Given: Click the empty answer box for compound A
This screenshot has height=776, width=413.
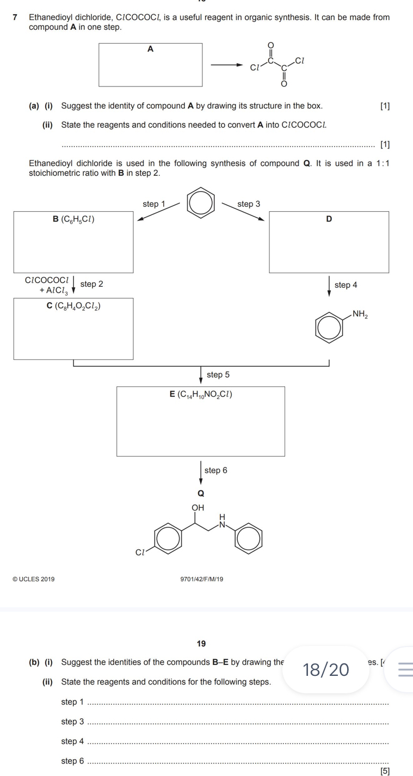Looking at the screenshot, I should pyautogui.click(x=150, y=65).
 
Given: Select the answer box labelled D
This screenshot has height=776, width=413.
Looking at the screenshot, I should pyautogui.click(x=329, y=242).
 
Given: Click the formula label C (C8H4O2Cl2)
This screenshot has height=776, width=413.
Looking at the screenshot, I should pyautogui.click(x=73, y=306).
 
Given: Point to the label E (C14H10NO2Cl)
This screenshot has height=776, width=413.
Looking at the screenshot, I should pyautogui.click(x=201, y=395).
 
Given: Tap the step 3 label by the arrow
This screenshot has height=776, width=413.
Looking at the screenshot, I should pyautogui.click(x=249, y=204).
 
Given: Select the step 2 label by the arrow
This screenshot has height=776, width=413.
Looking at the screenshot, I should pyautogui.click(x=91, y=284).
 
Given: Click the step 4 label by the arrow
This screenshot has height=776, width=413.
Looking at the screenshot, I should pyautogui.click(x=346, y=285).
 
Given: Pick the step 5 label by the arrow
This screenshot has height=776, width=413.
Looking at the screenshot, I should pyautogui.click(x=218, y=374).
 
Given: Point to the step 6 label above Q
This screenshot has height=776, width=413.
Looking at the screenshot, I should pyautogui.click(x=215, y=470).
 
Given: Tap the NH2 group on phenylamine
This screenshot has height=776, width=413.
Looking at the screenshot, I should pyautogui.click(x=360, y=313).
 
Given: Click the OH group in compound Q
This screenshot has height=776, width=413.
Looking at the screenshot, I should pyautogui.click(x=198, y=507).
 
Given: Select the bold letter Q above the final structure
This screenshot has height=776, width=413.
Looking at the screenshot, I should pyautogui.click(x=201, y=494).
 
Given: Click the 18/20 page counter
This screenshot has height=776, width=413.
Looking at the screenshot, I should pyautogui.click(x=326, y=669).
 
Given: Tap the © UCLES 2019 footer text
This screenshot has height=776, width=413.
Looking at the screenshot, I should pyautogui.click(x=33, y=579).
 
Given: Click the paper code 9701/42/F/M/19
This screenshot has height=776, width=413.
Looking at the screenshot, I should pyautogui.click(x=201, y=579).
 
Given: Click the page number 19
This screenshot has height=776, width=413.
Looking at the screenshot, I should pyautogui.click(x=201, y=644).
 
